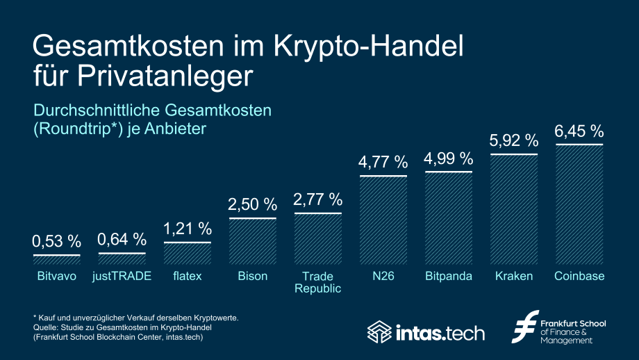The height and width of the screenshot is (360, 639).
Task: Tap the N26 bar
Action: [x=383, y=220]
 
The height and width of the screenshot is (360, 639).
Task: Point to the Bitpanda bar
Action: [x=448, y=218]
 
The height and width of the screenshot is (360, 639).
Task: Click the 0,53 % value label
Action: [x=57, y=242]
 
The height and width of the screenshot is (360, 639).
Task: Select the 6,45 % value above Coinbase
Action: [x=579, y=131]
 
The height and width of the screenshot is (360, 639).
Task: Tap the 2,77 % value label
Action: [x=318, y=200]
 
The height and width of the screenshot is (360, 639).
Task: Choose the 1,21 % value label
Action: [x=188, y=229]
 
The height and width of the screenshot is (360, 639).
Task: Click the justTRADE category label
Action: [x=122, y=277]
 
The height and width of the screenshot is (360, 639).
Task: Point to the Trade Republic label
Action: [x=318, y=282]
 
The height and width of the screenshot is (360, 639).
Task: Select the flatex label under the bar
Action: [x=188, y=277]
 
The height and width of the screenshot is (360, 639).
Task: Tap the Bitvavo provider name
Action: [x=57, y=277]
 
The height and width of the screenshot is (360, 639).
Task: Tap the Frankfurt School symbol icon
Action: [x=525, y=327]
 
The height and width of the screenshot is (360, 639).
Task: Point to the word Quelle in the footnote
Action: [x=46, y=327]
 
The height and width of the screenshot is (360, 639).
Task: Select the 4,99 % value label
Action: [x=448, y=158]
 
